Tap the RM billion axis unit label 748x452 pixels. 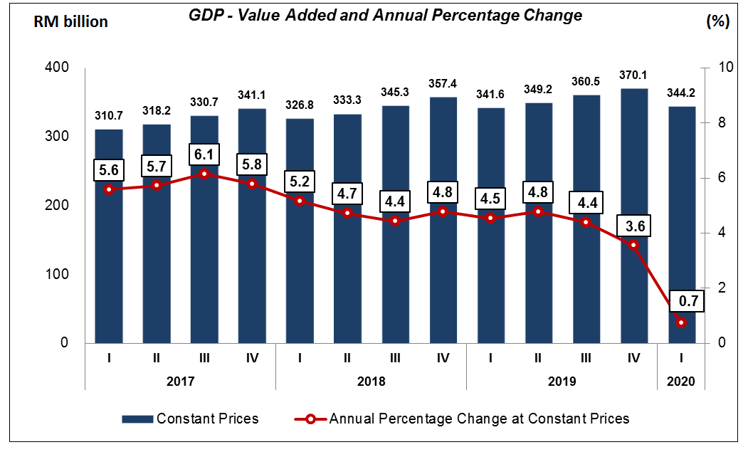tap(71, 22)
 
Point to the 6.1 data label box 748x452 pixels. tap(204, 154)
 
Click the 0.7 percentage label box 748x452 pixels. tap(688, 302)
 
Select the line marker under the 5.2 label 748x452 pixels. tap(300, 201)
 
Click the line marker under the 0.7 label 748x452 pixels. tap(682, 322)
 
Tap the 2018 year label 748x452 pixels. tap(371, 381)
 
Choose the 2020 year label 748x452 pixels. tap(682, 381)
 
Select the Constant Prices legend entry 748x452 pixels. tap(190, 419)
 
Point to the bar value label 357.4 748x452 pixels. tap(443, 84)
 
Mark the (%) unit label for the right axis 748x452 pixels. tap(717, 22)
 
